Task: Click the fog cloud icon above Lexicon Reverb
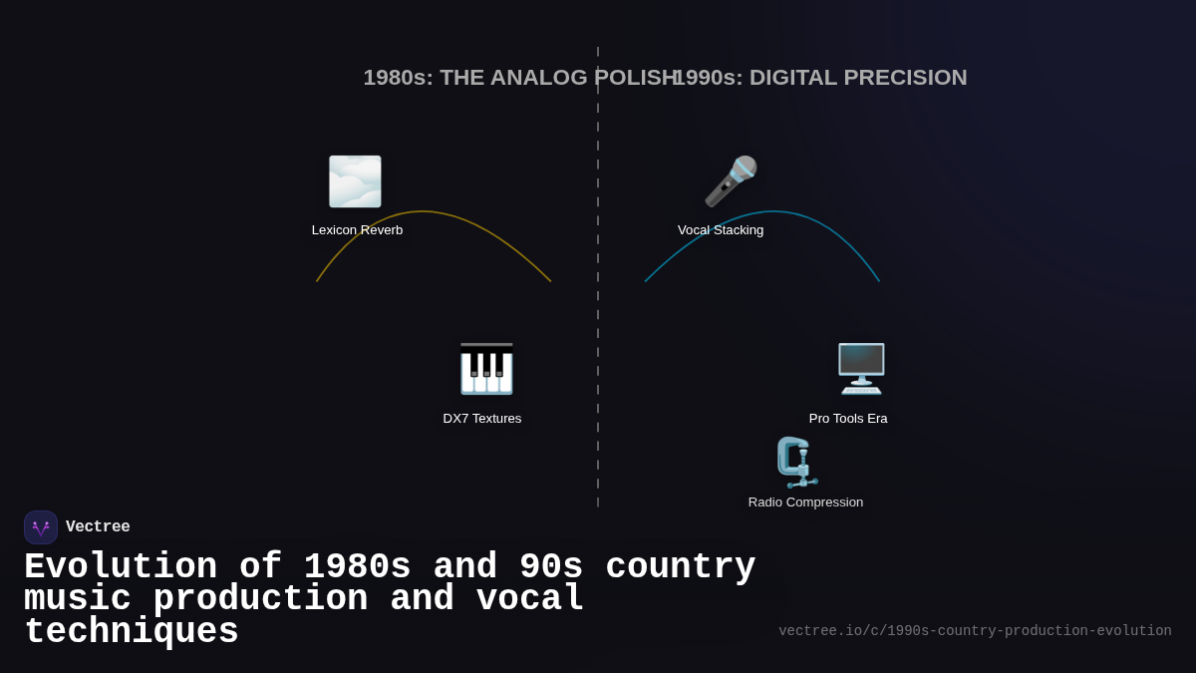point(355,181)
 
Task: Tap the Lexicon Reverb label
point(357,230)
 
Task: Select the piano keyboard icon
point(485,369)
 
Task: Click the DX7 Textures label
point(482,419)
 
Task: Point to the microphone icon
point(731,181)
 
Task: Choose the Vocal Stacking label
point(721,230)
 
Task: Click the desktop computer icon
point(861,369)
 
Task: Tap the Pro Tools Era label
point(848,419)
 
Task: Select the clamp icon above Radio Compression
point(795,462)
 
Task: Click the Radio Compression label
point(805,503)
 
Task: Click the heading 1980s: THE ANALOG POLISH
point(518,78)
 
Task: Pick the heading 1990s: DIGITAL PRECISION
point(820,78)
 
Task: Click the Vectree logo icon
point(41,527)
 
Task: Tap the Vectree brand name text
point(98,527)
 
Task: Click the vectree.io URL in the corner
point(975,631)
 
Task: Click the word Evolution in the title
point(121,567)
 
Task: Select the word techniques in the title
point(131,632)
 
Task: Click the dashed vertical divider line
point(598,299)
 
